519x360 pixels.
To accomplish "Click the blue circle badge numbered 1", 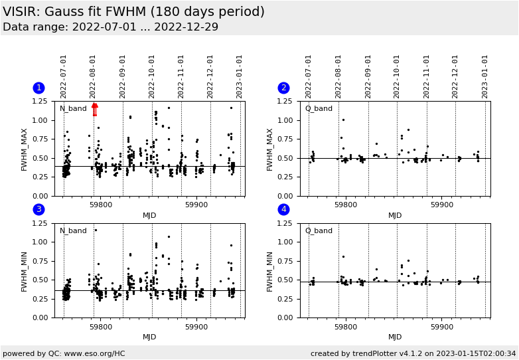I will pos(38,88).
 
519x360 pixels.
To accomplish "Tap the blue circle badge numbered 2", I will pos(283,88).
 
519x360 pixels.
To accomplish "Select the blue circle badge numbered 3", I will pos(38,210).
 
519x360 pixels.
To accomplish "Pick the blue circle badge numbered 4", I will pos(283,210).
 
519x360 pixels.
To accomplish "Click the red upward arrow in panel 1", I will pos(94,109).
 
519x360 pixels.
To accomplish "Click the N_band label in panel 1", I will pos(73,108).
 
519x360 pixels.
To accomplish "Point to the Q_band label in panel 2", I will pos(319,108).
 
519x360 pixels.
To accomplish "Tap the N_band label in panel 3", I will pos(73,230).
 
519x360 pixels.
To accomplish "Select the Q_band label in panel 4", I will pos(319,230).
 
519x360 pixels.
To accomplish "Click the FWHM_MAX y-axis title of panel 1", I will pos(25,149).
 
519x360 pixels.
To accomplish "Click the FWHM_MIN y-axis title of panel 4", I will pos(270,271).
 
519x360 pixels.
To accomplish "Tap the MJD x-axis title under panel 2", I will pos(395,215).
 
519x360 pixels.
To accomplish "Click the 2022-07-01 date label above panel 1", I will pos(64,76).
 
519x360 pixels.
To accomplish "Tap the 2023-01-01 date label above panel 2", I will pos(485,76).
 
